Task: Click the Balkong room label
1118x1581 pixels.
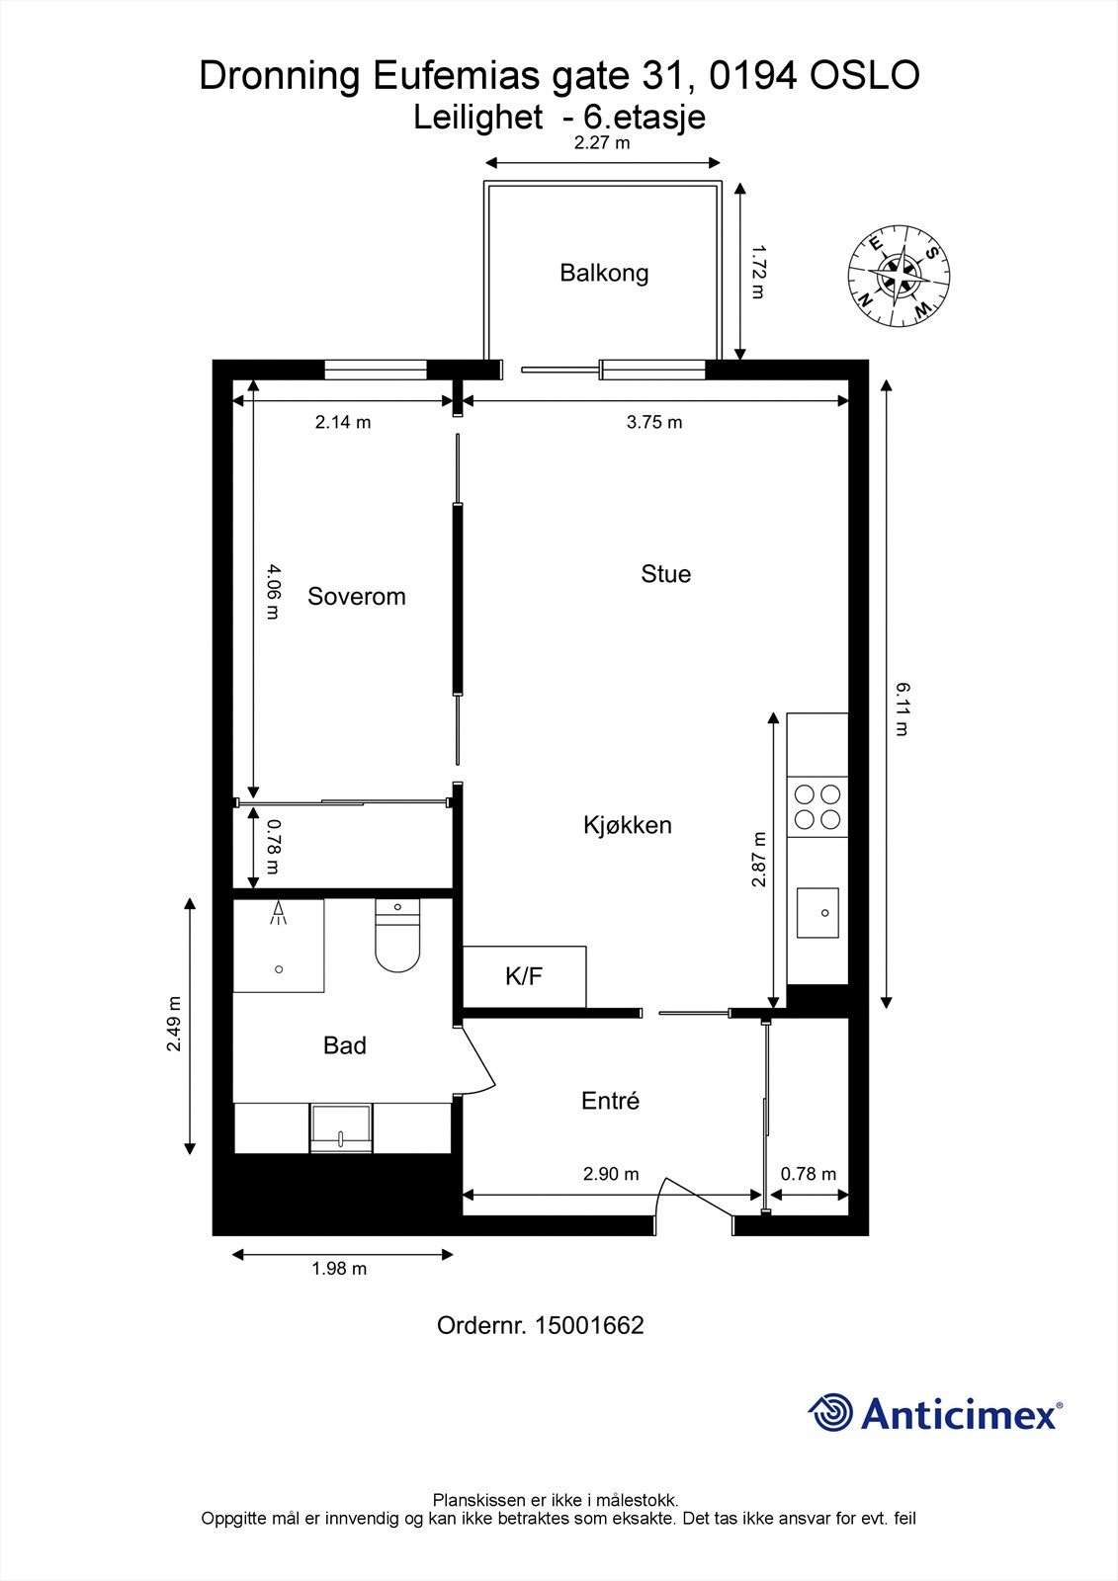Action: tap(604, 273)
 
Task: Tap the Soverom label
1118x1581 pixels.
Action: tap(356, 596)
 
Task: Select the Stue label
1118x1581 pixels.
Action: tap(665, 574)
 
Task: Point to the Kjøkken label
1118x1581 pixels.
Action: tap(627, 825)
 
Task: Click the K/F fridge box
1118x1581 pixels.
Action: tap(524, 976)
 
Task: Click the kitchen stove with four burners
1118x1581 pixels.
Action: tap(817, 806)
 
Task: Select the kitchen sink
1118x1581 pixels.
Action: tap(818, 911)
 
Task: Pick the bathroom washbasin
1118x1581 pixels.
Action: tap(341, 1128)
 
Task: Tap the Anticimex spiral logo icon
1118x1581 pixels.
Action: tap(830, 1413)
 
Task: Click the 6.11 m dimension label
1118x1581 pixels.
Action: tap(902, 708)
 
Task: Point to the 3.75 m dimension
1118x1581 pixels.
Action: tap(654, 423)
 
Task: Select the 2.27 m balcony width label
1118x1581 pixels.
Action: tap(602, 143)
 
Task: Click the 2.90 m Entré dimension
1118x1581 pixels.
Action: tap(611, 1174)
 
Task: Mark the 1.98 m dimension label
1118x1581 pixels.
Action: tap(339, 1269)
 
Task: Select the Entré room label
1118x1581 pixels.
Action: tap(610, 1101)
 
